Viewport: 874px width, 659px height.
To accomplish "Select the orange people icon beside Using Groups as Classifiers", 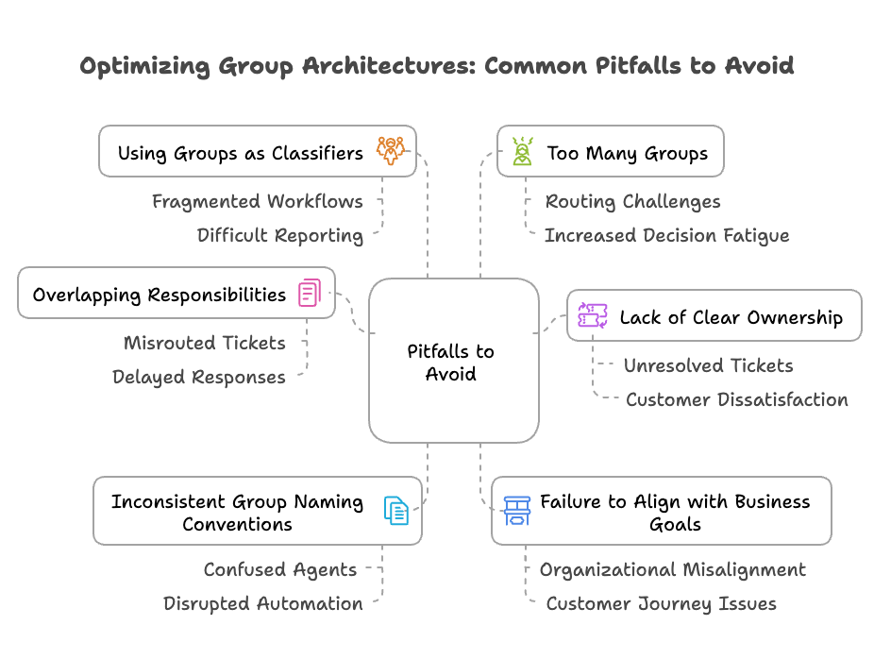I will coord(390,151).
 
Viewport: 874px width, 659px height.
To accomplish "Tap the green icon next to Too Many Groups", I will coord(522,151).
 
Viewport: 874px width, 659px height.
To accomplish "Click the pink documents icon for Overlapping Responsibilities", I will coord(310,293).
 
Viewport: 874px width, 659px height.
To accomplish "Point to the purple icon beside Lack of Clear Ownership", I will coord(592,315).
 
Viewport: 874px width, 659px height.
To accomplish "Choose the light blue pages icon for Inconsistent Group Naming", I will coord(396,511).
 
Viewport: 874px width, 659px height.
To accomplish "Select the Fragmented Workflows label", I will coord(258,201).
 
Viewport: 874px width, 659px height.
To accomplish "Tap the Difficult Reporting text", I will coord(279,235).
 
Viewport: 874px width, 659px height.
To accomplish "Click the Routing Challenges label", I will coord(632,201).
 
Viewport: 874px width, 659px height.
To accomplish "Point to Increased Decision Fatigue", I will coord(666,235).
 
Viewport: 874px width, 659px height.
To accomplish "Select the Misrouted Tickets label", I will coord(204,343).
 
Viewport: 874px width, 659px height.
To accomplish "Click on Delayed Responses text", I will coord(198,377).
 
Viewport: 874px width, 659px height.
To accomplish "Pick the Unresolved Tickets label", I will coord(708,365).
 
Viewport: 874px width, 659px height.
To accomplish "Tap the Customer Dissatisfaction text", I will coord(736,399).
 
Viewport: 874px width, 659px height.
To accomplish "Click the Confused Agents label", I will coord(279,569).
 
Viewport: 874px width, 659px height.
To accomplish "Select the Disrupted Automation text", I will coord(262,603).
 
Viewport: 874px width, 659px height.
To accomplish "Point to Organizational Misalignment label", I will coord(672,569).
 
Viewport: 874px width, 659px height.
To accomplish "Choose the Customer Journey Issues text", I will coord(661,603).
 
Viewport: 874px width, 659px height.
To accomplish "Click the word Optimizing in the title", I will coord(143,66).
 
